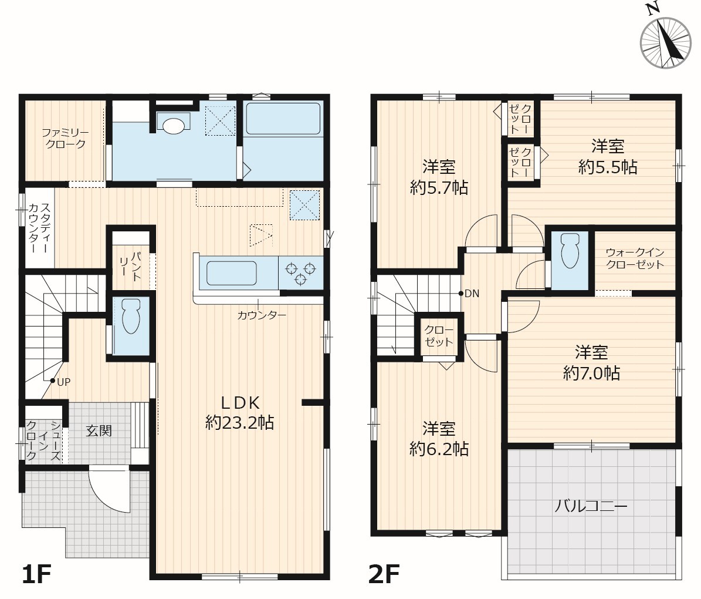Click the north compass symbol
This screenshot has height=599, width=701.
tap(665, 42)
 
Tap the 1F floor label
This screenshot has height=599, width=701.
tap(36, 574)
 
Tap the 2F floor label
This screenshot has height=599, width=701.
tap(384, 574)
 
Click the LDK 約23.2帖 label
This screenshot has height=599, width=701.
tap(239, 413)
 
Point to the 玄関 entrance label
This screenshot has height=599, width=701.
tap(99, 430)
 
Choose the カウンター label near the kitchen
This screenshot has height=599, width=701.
tap(262, 315)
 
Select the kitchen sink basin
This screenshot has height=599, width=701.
tap(231, 273)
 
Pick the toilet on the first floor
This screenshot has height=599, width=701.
tap(131, 316)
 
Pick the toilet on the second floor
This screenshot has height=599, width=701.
tap(570, 251)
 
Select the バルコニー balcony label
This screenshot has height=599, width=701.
tap(591, 506)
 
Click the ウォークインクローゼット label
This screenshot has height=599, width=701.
tap(635, 258)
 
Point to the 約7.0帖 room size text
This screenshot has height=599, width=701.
tap(591, 373)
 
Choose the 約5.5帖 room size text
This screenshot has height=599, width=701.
tap(608, 167)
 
